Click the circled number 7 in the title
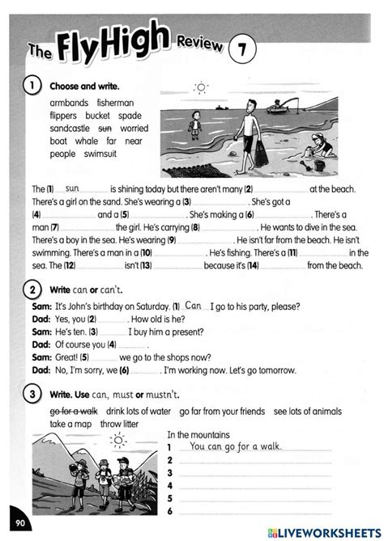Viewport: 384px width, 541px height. [241, 50]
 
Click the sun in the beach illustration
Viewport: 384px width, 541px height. [201, 87]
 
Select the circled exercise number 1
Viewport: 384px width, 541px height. [32, 85]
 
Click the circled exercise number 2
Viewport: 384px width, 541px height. [32, 289]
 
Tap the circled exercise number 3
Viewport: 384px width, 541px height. [32, 393]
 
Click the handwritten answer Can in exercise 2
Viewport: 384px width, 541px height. [192, 306]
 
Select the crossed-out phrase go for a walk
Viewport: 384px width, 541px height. [74, 411]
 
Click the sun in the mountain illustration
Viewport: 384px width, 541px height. [119, 440]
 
